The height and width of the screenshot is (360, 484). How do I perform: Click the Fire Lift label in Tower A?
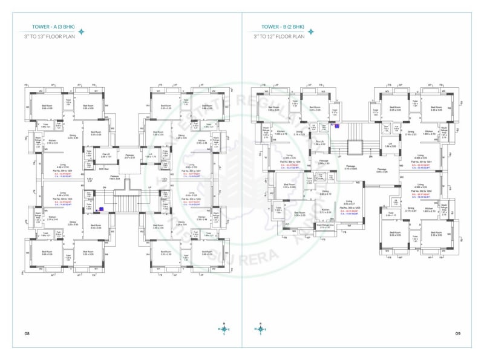(x=106, y=155)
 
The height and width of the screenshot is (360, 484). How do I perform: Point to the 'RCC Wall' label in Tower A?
(x=106, y=169)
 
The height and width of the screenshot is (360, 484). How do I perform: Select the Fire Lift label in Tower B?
(x=319, y=143)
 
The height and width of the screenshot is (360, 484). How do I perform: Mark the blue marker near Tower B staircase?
(x=336, y=126)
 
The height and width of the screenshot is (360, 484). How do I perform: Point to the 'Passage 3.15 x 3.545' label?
(x=351, y=169)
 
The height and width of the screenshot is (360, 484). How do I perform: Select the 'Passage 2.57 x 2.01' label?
(x=130, y=157)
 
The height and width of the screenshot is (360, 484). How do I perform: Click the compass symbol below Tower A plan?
(x=224, y=330)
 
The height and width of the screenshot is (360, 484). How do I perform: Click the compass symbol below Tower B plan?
(x=261, y=330)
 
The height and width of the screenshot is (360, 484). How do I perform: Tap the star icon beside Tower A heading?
(x=82, y=31)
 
